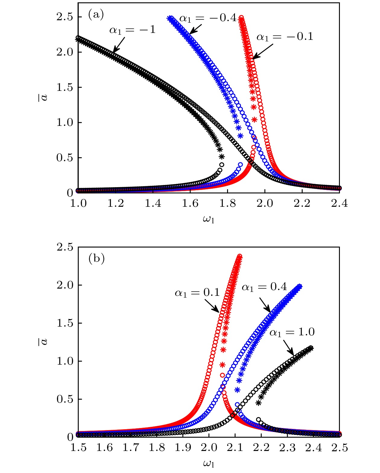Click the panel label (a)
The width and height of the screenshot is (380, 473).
point(96,14)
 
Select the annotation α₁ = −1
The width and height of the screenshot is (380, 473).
point(132,30)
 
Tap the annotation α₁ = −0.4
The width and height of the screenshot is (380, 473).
point(208,18)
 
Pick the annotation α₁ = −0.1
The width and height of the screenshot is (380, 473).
point(285,37)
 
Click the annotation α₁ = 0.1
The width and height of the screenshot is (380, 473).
point(197,293)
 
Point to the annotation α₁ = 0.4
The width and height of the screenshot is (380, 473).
point(264,287)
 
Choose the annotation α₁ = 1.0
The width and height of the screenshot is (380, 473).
point(292,332)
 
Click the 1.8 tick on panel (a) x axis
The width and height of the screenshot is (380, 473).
point(227,203)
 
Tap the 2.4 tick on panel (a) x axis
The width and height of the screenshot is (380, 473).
point(339,203)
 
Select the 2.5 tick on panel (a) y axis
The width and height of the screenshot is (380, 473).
point(65,17)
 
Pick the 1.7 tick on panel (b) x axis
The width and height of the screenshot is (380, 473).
point(130,448)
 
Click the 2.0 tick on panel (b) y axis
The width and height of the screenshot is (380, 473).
point(65,285)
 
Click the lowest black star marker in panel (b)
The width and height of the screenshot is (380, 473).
point(258,403)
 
